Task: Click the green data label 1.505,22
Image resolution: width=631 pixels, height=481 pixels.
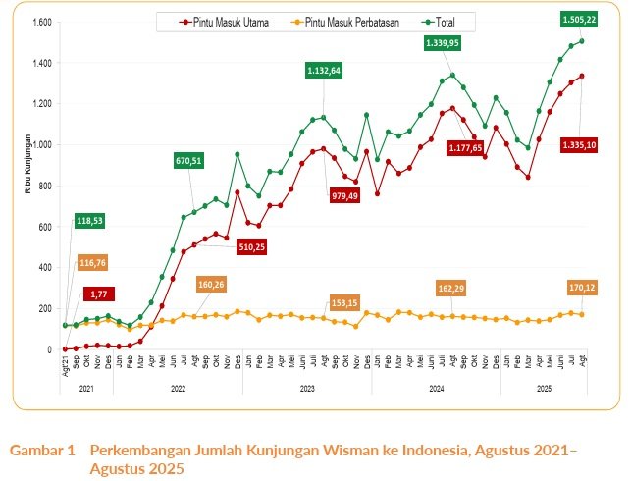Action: coord(580,19)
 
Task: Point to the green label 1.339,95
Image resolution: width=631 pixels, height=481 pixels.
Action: coord(442,43)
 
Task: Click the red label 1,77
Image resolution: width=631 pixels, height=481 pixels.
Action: coord(99,294)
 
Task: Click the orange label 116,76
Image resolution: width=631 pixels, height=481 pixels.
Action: coord(94,263)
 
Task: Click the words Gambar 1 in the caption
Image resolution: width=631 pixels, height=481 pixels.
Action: coord(42,451)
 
